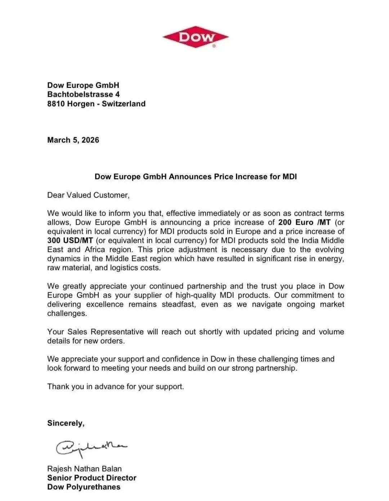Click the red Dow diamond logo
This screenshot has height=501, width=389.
coord(196,37)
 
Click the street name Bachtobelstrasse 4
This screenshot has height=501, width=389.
coord(83,94)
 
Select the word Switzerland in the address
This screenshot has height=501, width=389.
coord(124,104)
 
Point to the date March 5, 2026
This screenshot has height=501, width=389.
coord(73,140)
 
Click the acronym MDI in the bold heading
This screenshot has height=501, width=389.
coord(289,176)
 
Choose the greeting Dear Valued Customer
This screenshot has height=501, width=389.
coord(88,195)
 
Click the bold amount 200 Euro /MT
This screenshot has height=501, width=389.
coord(304,223)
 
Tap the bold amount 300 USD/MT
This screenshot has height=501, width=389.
coord(70,241)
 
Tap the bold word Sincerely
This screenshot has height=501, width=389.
coord(66,423)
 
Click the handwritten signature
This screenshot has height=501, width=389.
coord(91,448)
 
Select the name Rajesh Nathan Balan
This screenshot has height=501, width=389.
coord(84,469)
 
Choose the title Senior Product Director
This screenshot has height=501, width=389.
coord(92,478)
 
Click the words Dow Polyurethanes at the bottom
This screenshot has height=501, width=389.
coord(84,487)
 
